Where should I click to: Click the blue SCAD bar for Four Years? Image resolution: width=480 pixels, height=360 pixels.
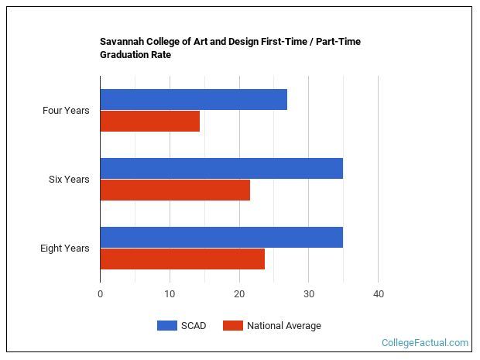pos(194,100)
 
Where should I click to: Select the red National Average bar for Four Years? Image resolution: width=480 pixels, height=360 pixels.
pos(150,122)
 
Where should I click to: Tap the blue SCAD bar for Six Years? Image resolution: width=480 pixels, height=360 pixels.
pos(221,168)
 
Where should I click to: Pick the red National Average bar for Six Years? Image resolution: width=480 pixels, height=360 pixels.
pos(175,190)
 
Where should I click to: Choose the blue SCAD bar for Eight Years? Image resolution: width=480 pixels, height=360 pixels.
pos(221,237)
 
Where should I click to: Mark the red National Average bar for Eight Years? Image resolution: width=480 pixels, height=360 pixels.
pos(183,259)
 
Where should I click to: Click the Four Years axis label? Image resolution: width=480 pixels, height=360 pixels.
pos(66,111)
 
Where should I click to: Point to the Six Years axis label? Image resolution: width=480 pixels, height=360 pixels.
pos(69,180)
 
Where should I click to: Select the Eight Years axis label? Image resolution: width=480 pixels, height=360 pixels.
pos(64,249)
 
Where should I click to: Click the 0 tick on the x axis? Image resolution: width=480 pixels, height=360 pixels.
pos(100,294)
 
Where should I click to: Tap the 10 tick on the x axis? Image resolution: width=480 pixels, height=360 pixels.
pos(170,294)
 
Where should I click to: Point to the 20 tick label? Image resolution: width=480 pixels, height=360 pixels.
pos(239,294)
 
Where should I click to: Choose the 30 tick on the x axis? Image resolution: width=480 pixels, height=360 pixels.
pos(309,294)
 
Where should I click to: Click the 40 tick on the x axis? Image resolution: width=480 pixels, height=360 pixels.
pos(379,294)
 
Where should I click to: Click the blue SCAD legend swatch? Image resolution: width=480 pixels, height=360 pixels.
pos(167,325)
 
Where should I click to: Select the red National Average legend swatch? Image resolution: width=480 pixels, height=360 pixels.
pos(233,325)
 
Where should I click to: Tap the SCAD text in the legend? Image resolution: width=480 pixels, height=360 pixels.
pos(194,326)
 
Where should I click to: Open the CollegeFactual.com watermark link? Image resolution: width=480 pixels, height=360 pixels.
pos(425,342)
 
